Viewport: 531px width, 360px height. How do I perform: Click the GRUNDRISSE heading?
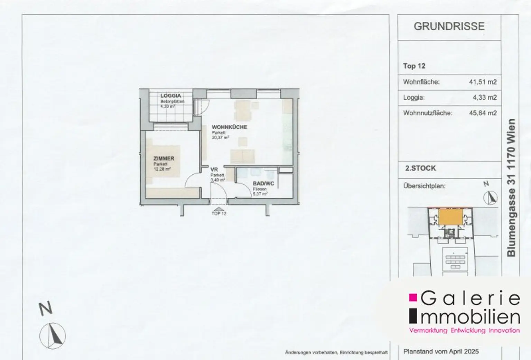pos(449,27)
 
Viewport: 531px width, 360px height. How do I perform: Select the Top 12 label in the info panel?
pos(414,66)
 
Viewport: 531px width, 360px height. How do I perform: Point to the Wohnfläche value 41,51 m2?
pos(483,82)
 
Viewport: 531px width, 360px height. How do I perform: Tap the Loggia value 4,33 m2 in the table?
pos(484,98)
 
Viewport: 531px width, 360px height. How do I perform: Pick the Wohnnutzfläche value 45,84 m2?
pos(483,113)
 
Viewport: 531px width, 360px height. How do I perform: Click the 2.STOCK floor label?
pos(420,168)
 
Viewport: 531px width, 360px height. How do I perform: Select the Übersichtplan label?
pos(424,186)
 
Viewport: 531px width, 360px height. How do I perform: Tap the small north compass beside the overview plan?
pos(491,197)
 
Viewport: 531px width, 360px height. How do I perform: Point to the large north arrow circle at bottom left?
pos(52,335)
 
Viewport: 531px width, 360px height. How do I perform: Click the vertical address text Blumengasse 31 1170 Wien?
pos(511,187)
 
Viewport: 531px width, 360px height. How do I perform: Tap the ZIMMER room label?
pos(164,159)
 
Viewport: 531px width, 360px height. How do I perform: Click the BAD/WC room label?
pos(263,184)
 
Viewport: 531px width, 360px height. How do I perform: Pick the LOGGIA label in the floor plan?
pos(170,96)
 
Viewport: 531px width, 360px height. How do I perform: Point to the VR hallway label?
pos(214,170)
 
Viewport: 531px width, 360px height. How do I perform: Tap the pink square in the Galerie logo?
pos(412,297)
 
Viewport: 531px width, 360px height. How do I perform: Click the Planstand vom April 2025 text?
pos(441,351)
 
